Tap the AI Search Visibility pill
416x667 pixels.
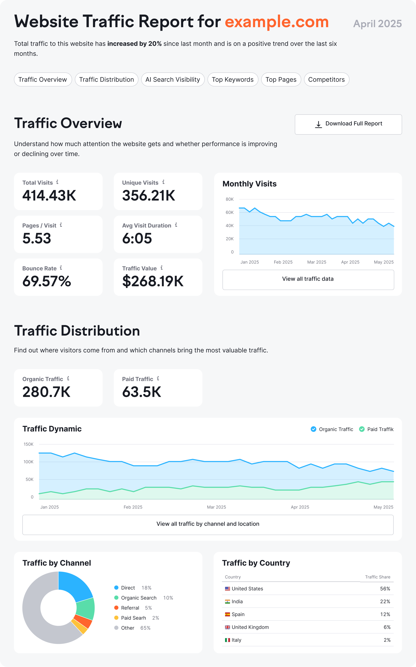pyautogui.click(x=173, y=80)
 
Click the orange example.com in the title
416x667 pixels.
pyautogui.click(x=277, y=22)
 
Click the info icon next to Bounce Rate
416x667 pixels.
pyautogui.click(x=61, y=268)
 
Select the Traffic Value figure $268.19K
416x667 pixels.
pyautogui.click(x=153, y=281)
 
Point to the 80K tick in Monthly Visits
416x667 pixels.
pyautogui.click(x=229, y=199)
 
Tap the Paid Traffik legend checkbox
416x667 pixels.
pyautogui.click(x=362, y=429)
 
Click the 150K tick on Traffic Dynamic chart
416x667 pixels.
pyautogui.click(x=29, y=444)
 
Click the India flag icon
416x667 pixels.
pyautogui.click(x=227, y=601)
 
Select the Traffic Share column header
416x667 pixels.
pyautogui.click(x=378, y=577)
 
